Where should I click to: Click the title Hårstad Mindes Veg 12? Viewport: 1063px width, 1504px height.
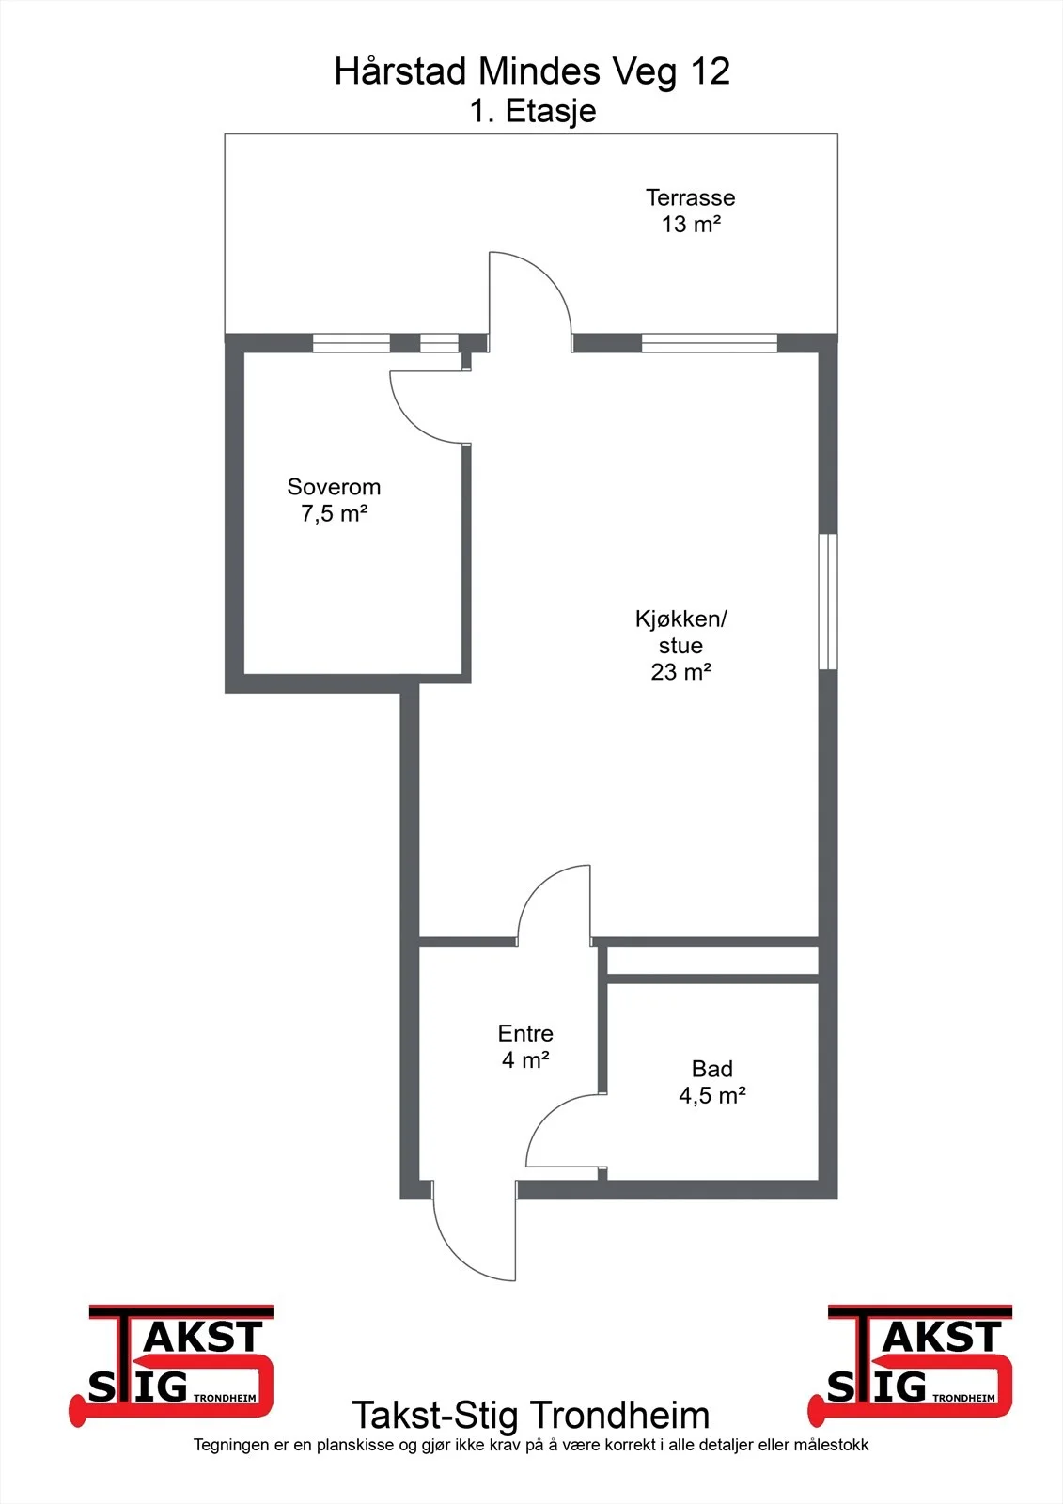pyautogui.click(x=532, y=72)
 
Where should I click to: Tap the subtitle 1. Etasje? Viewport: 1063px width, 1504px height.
pyautogui.click(x=533, y=111)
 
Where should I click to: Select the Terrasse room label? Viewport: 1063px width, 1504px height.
pyautogui.click(x=690, y=197)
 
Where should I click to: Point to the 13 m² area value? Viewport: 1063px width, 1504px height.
pyautogui.click(x=691, y=224)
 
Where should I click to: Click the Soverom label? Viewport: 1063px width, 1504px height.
pyautogui.click(x=334, y=486)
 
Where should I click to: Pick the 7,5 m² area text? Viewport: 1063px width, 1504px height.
pyautogui.click(x=335, y=513)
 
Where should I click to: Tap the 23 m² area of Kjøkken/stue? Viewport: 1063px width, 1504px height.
pyautogui.click(x=680, y=671)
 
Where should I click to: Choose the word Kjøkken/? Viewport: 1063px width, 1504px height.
pyautogui.click(x=680, y=619)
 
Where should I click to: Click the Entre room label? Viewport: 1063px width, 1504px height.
pyautogui.click(x=525, y=1033)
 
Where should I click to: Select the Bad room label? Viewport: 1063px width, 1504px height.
pyautogui.click(x=711, y=1068)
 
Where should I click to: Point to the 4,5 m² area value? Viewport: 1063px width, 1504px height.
pyautogui.click(x=712, y=1096)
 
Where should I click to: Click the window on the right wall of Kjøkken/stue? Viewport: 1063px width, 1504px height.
pyautogui.click(x=828, y=602)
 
